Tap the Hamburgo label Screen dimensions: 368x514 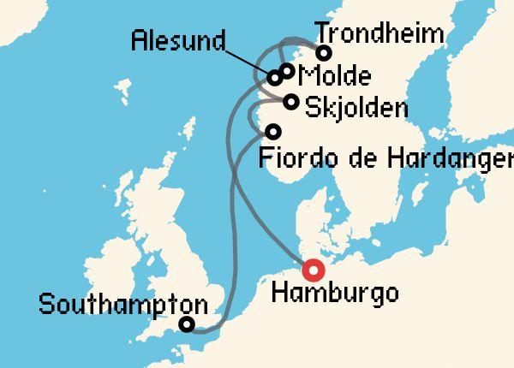334,294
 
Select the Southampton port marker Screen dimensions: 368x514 185,324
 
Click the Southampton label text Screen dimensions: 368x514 123,304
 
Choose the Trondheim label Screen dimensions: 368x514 380,34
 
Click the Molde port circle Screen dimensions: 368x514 287,71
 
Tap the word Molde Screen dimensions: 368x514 337,76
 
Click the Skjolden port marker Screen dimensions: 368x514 291,103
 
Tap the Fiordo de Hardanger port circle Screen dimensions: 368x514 273,132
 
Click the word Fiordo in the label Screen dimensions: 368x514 292,157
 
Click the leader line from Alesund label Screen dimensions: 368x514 248,61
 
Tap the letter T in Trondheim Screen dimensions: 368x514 323,34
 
